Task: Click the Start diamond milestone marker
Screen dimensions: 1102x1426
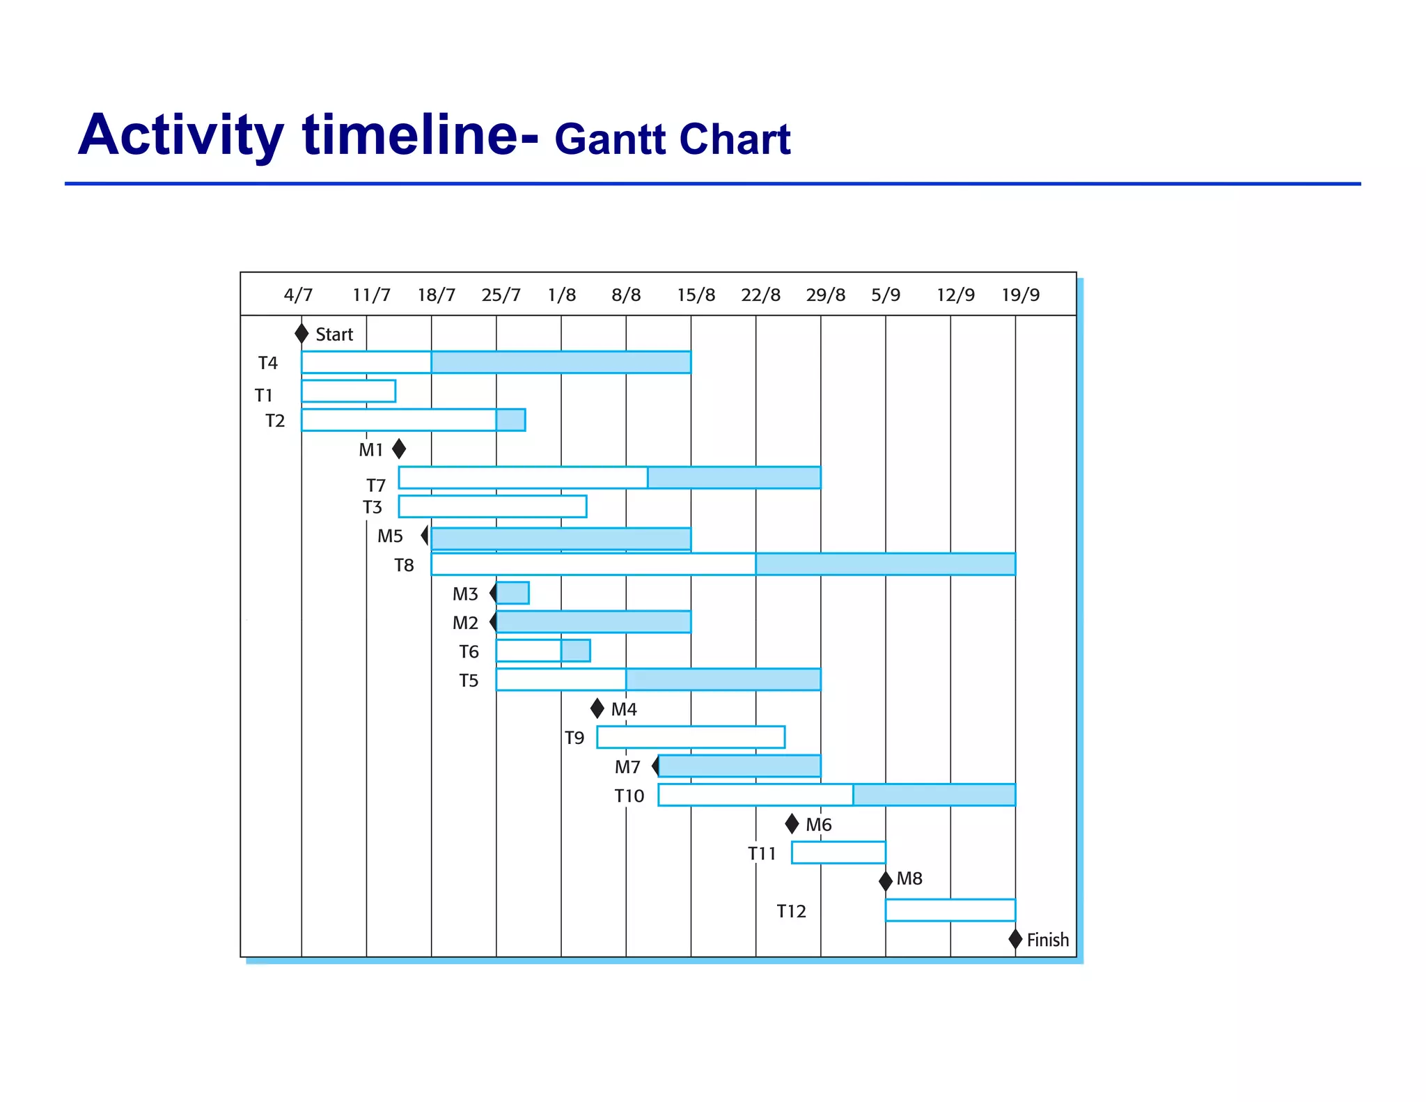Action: point(301,334)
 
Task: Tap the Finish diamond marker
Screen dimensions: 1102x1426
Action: point(1015,939)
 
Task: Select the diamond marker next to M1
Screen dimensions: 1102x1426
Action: point(399,449)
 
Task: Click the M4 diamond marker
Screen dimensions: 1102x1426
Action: point(597,708)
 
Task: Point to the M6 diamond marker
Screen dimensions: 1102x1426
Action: point(792,824)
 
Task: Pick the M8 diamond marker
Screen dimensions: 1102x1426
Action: point(886,880)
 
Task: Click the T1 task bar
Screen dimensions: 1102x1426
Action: point(349,391)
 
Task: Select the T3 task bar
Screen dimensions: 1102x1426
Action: point(492,506)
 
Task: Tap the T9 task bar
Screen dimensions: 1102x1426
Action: point(691,737)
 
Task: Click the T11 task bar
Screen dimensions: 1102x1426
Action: point(838,853)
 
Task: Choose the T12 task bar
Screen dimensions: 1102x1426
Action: point(950,910)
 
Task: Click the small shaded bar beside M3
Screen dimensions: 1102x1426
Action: point(513,593)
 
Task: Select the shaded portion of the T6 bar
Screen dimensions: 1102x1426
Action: point(576,651)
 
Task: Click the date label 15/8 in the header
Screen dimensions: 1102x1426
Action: point(696,295)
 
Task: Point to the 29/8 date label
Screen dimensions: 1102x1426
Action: point(825,295)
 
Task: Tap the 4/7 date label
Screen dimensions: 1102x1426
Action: point(298,295)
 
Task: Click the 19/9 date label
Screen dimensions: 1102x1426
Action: point(1020,295)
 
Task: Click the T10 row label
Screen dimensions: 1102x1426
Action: point(629,796)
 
